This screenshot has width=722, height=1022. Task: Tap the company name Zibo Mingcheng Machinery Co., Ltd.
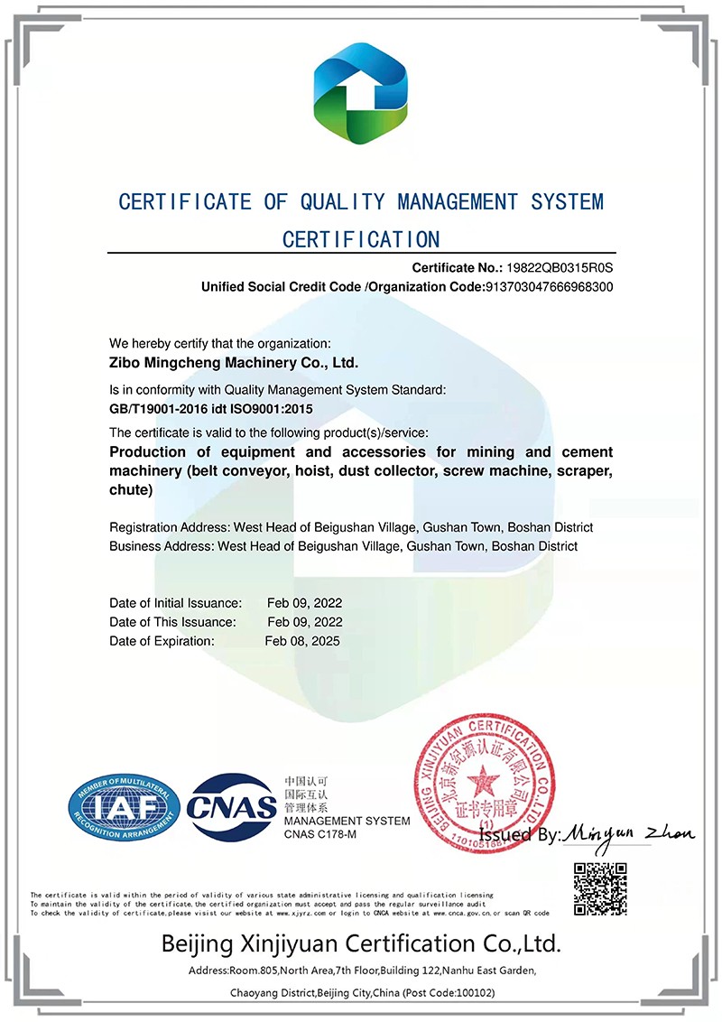click(234, 364)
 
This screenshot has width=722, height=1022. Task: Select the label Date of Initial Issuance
click(175, 603)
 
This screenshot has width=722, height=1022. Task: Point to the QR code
click(600, 888)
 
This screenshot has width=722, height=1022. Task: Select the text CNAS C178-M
click(320, 834)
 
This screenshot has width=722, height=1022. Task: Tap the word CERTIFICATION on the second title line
click(361, 240)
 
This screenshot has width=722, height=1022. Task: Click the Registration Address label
click(169, 527)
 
